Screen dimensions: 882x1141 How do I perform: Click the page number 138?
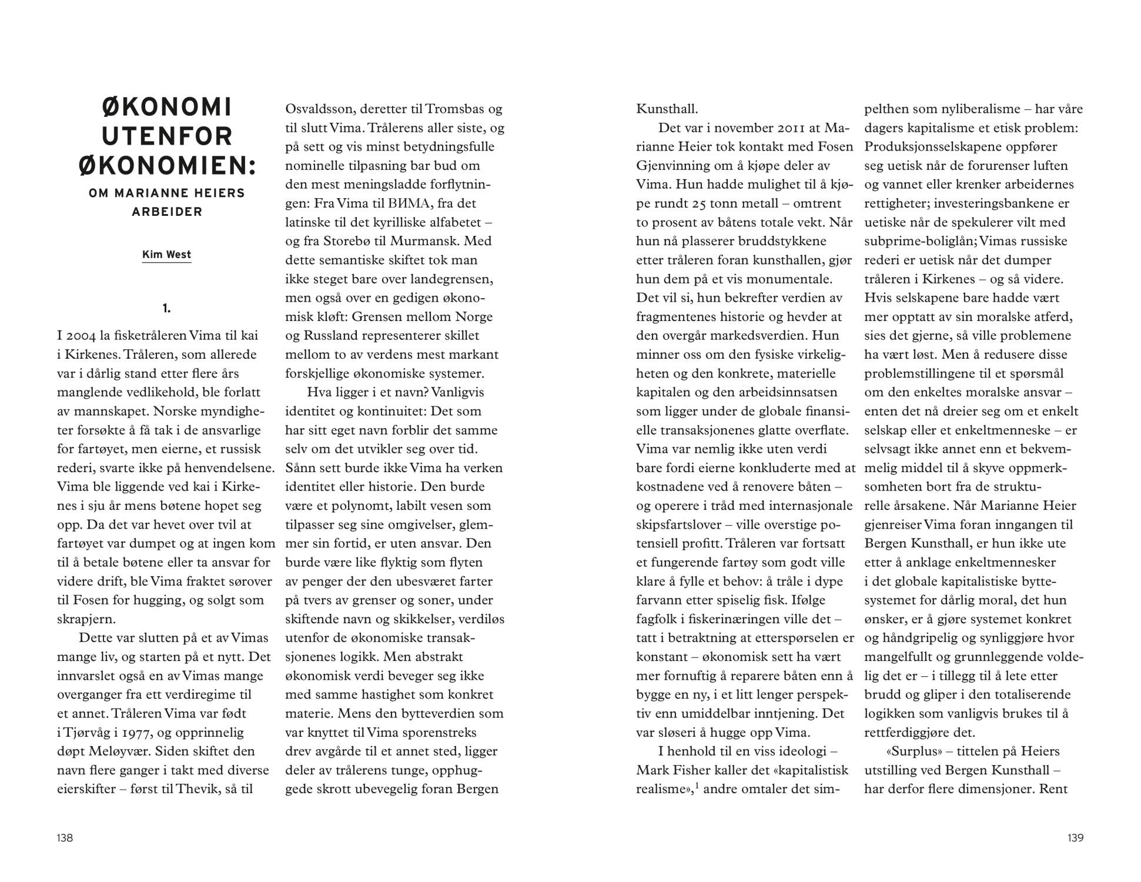click(65, 838)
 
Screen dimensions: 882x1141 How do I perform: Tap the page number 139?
click(1075, 838)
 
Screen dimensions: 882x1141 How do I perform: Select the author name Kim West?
click(166, 255)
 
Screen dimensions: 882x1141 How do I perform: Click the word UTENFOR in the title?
click(167, 136)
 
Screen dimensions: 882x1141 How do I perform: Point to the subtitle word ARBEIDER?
click(167, 212)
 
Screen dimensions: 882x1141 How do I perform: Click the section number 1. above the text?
click(167, 308)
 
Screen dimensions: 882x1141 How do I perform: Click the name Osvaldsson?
click(319, 109)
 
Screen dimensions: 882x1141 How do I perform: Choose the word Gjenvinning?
click(675, 166)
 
